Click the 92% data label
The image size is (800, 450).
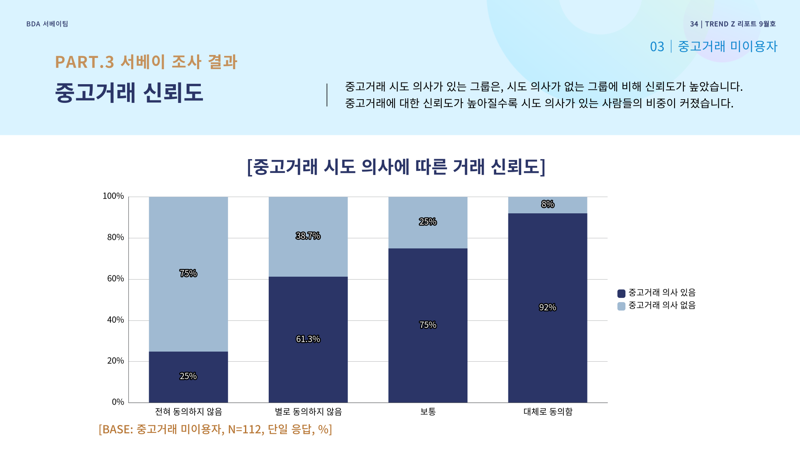pos(547,307)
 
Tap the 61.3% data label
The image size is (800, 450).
pos(308,339)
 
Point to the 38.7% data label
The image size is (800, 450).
pos(308,236)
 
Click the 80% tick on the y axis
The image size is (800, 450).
pos(115,237)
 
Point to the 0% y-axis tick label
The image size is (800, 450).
pos(118,402)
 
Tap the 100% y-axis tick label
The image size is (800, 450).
pos(113,196)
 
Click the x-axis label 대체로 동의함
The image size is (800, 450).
pos(548,412)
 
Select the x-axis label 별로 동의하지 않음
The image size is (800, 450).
pos(308,412)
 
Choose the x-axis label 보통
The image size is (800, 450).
pos(428,412)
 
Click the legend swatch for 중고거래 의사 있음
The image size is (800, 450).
pos(621,293)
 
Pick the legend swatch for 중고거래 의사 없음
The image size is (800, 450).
pos(621,306)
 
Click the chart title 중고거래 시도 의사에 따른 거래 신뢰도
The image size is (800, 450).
pos(396,167)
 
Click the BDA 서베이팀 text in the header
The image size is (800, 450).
pos(47,24)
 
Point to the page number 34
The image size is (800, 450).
pos(694,24)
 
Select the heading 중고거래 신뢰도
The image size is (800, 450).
pos(129,92)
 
